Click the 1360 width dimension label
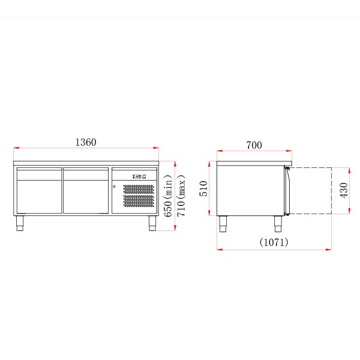(86, 142)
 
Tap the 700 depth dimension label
(254, 145)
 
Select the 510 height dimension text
(203, 188)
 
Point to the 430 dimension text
(344, 190)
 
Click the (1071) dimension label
(274, 242)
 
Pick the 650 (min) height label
(168, 196)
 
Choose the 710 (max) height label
(181, 196)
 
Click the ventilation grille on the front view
(139, 196)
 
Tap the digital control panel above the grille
(139, 176)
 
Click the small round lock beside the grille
(114, 187)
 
